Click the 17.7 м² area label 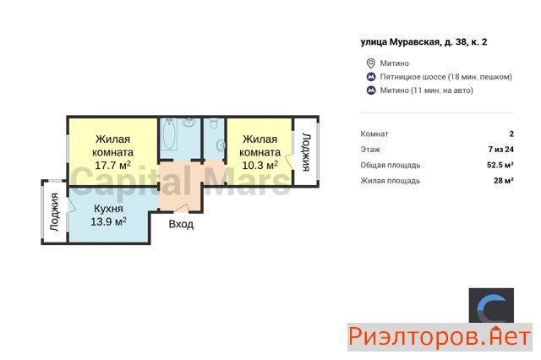112,165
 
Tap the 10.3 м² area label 260,165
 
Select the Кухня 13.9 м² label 108,215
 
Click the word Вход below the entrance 181,224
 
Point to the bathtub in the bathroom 169,134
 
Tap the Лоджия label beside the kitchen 54,211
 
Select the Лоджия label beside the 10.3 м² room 306,152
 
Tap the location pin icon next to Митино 370,63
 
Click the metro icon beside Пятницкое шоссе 371,77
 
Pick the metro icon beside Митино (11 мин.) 371,90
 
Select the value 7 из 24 501,150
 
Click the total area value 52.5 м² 500,165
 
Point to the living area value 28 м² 504,180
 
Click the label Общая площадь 391,165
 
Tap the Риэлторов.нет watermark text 440,337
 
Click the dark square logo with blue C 491,306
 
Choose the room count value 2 511,134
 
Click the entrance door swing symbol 181,208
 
